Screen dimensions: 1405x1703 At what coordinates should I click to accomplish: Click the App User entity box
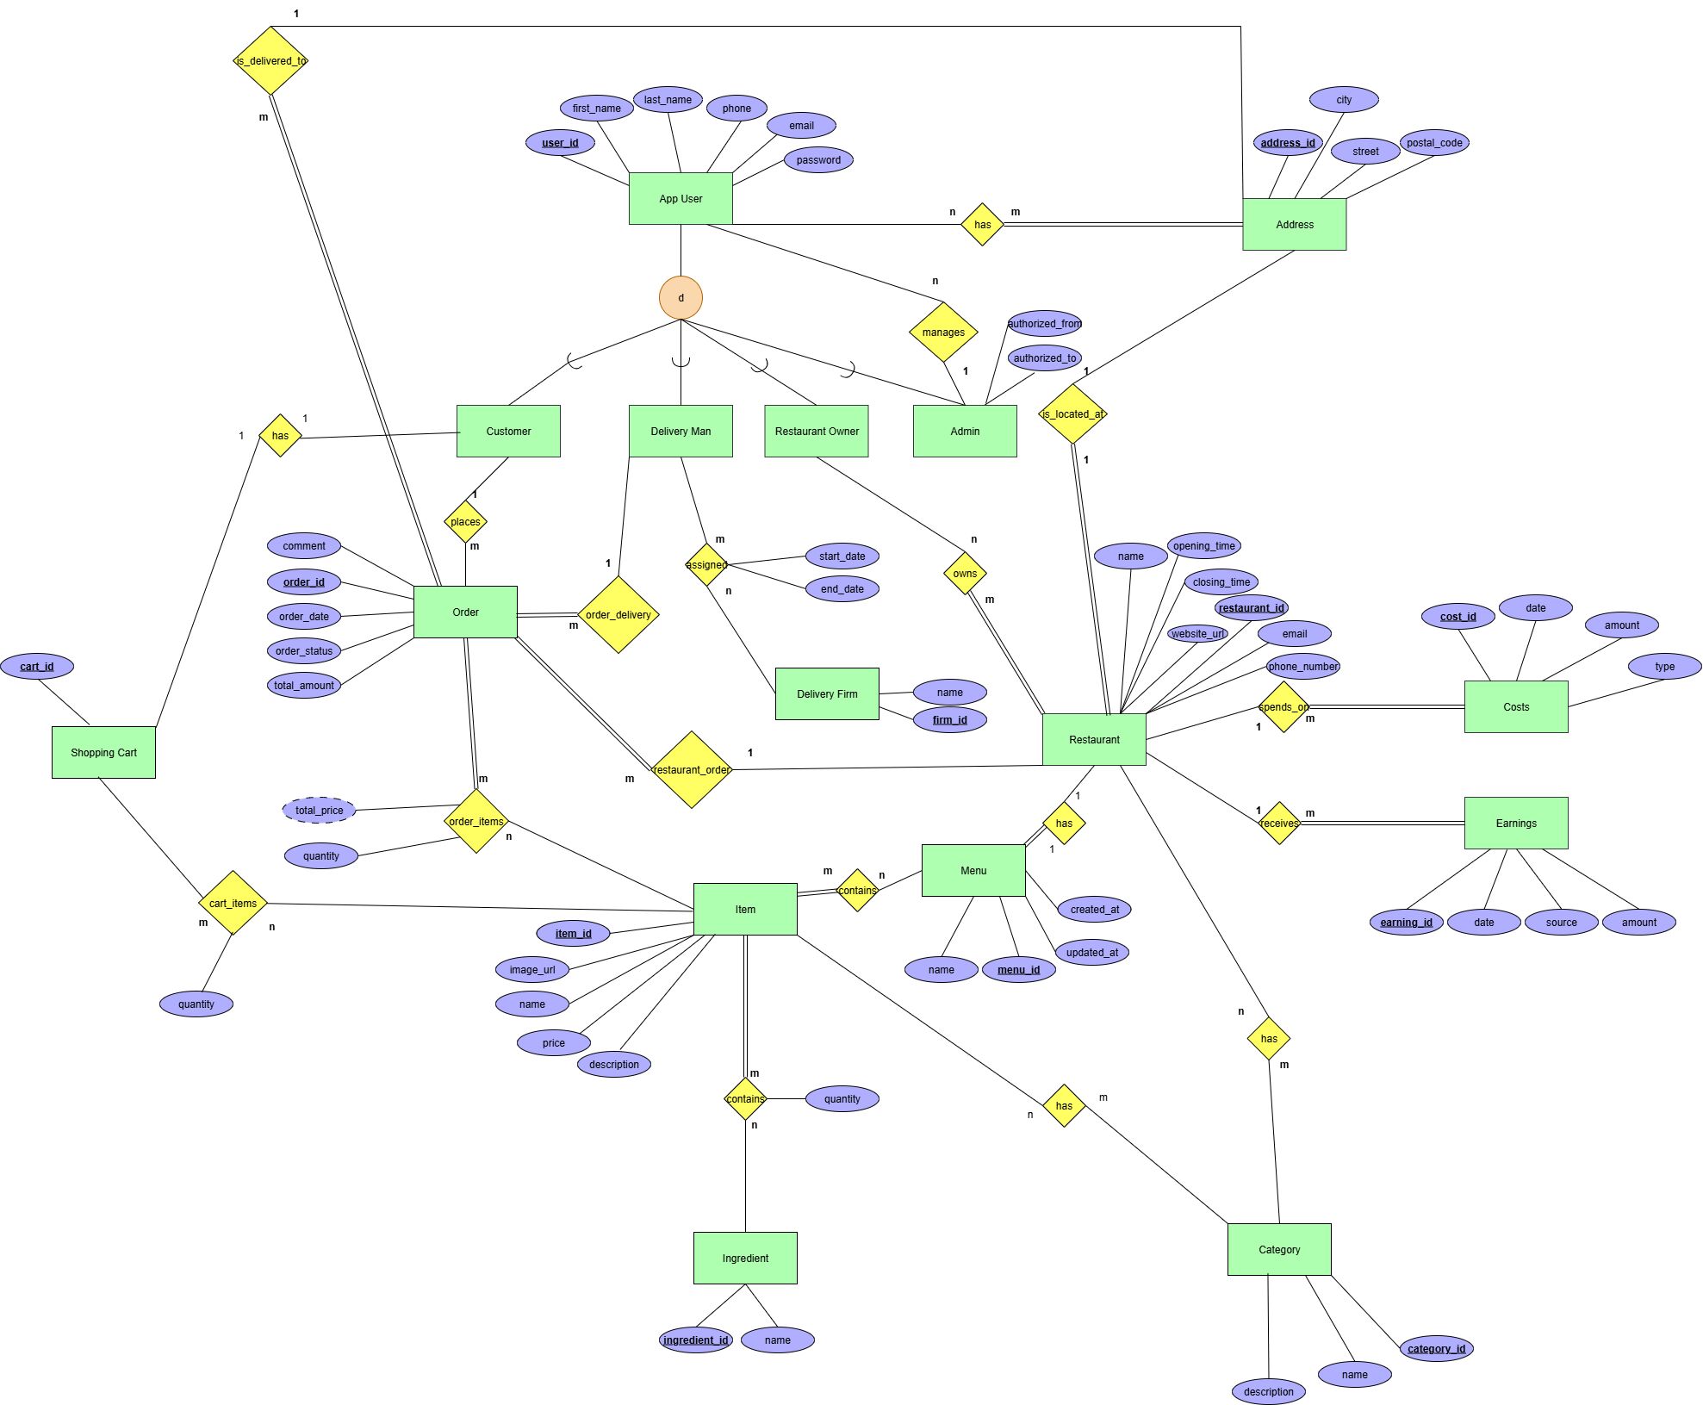pos(681,198)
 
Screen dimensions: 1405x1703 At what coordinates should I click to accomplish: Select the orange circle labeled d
pos(681,298)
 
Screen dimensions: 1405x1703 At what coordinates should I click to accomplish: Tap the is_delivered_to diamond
pos(270,61)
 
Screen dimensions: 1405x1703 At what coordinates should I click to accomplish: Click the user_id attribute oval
pos(560,143)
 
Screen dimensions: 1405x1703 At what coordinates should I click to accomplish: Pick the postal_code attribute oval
pos(1434,143)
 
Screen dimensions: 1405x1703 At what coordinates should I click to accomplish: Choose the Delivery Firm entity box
pos(827,693)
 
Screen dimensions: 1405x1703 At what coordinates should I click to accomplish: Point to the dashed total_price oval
pos(319,810)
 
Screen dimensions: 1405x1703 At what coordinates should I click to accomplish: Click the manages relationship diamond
pos(943,332)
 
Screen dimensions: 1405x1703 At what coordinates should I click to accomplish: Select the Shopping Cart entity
pos(103,752)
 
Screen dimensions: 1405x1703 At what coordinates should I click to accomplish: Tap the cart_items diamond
pos(233,903)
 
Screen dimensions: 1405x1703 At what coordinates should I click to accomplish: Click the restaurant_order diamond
pos(692,769)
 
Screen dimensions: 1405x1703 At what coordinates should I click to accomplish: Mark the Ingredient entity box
pos(745,1258)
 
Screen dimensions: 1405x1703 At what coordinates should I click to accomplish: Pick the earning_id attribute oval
pos(1406,922)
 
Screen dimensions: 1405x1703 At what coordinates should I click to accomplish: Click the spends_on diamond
pos(1283,707)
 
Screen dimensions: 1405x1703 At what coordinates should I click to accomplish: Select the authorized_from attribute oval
pos(1044,324)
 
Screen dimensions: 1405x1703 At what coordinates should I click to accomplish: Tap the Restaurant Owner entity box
pos(817,431)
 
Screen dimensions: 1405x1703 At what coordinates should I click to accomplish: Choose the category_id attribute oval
pos(1436,1348)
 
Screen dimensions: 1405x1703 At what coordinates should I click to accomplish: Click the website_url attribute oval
pos(1197,633)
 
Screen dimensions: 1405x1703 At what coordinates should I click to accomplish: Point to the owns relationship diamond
pos(965,574)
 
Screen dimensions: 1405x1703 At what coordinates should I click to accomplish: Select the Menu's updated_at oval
pos(1091,952)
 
